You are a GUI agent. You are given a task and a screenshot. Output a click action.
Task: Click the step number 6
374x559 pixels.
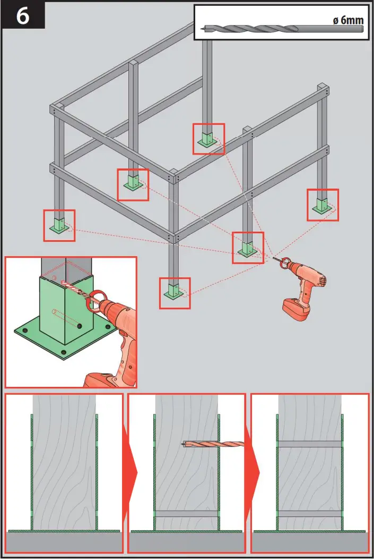(22, 15)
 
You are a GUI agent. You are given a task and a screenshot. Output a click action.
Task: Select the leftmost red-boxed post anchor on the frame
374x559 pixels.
(59, 225)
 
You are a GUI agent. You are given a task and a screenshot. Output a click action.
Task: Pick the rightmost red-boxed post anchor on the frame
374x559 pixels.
(323, 205)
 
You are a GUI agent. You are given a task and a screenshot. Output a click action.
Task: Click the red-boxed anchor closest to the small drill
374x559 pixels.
(248, 248)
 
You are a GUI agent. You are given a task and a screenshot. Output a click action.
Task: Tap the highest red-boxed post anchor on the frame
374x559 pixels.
(208, 139)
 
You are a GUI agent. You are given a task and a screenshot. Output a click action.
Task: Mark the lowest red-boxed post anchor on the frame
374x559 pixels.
(175, 292)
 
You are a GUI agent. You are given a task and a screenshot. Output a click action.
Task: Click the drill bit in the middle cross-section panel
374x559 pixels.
(212, 443)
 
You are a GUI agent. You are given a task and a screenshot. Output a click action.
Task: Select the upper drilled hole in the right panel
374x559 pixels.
(309, 444)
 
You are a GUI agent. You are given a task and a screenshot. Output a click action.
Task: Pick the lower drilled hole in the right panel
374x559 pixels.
(309, 513)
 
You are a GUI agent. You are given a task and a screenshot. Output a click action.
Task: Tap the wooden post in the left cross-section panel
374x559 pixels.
(64, 462)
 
